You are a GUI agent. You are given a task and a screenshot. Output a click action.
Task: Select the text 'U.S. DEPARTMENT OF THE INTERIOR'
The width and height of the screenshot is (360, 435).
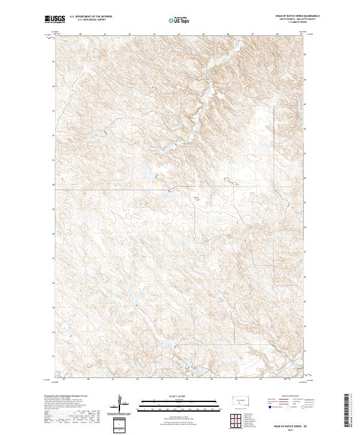pyautogui.click(x=91, y=17)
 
